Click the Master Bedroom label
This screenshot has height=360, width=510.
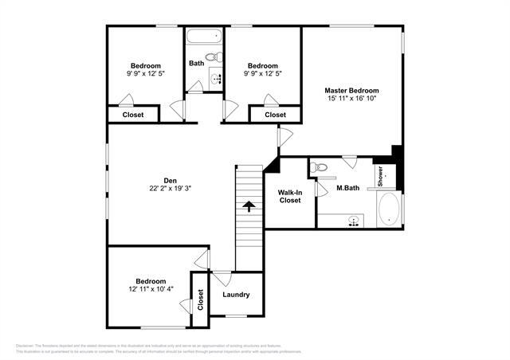coord(351,91)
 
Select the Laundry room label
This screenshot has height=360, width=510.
coord(236,295)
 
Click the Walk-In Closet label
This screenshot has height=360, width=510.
coord(289,196)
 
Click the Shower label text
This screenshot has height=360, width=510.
coord(380,175)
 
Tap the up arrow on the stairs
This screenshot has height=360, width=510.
coord(249,205)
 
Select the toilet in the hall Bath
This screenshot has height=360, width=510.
coord(212,57)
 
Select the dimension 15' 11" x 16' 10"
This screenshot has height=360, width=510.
coord(351,100)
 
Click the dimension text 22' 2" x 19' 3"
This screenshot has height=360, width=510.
coord(170,189)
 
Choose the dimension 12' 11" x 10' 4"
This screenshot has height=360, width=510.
coord(150,290)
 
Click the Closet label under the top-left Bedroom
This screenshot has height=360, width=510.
coord(133,115)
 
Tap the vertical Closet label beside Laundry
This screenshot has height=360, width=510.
coord(200,299)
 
